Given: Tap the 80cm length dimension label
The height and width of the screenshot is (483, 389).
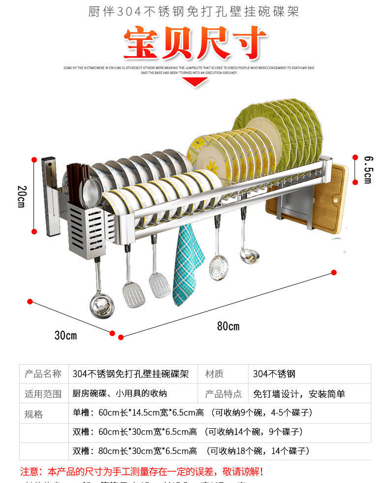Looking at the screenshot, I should pos(228,326).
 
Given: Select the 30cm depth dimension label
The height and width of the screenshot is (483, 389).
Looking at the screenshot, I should pos(65,336).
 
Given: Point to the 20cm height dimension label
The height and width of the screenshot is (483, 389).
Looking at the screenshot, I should pos(21,196).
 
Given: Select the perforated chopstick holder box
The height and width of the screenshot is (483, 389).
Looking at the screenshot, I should pos(86,232).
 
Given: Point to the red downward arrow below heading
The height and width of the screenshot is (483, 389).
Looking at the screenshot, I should pos(196,81).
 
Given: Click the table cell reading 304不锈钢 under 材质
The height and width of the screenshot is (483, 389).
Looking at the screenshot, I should pos(274,374).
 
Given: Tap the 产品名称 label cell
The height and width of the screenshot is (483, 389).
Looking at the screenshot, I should pos(43,374).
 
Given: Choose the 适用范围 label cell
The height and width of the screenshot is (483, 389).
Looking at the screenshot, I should pos(43,394).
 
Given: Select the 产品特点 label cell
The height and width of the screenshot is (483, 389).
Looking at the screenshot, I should pos(223,394).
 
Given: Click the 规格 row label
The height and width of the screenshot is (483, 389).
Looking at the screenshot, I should pos(34,414).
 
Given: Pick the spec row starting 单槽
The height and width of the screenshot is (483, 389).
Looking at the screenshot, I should pos(193,413).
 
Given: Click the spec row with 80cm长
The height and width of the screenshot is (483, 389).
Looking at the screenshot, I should pos(191,451).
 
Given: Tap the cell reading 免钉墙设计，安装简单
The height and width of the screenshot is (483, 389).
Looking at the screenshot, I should pos(299,394).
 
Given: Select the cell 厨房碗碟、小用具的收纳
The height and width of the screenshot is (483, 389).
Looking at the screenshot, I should pos(120,394).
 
